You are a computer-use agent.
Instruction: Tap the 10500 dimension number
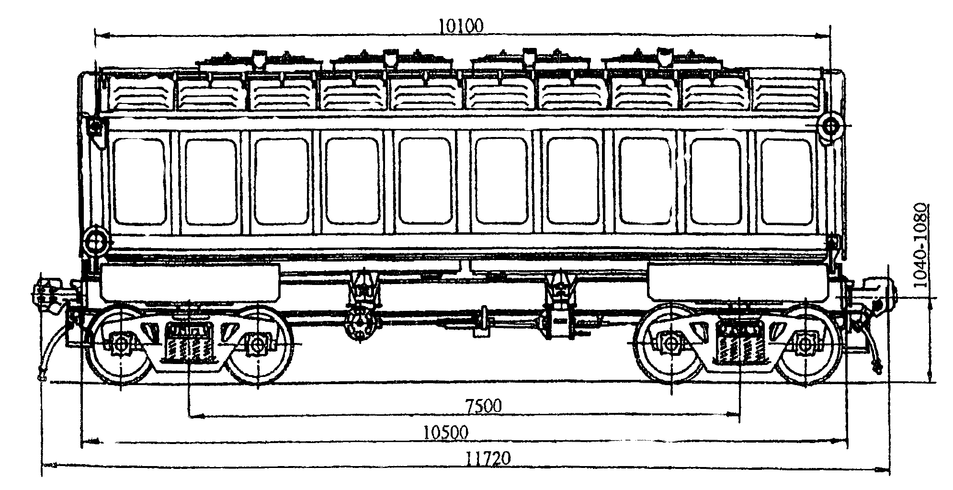coord(445,433)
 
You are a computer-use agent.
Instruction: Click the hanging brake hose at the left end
coord(48,350)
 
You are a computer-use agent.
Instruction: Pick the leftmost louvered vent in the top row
coord(142,93)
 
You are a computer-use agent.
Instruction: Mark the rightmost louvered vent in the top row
coord(786,93)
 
